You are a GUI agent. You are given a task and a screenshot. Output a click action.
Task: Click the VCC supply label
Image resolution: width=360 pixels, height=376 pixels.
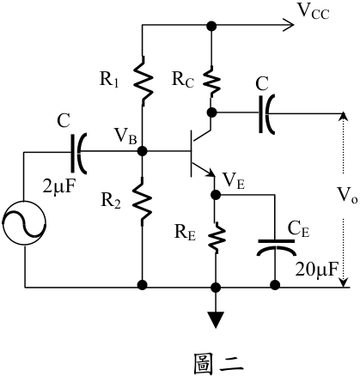(314, 12)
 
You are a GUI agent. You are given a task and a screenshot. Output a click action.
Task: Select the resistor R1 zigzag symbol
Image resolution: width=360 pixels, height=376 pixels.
(143, 81)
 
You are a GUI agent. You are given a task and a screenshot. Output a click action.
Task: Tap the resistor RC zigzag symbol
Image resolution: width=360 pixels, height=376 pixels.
(211, 82)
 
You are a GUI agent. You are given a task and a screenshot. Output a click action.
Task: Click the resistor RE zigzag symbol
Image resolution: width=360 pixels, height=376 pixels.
(217, 237)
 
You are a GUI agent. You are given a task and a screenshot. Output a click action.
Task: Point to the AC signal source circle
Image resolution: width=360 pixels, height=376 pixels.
(24, 222)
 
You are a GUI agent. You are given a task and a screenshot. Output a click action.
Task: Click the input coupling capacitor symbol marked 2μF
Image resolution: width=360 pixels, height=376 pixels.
(78, 153)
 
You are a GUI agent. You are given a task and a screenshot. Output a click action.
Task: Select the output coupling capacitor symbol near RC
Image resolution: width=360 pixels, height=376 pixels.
(267, 114)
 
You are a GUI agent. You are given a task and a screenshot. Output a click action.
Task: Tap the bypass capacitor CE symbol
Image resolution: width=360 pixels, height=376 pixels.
(276, 247)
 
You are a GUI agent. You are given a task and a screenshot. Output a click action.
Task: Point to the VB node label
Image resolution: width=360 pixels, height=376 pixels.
(125, 136)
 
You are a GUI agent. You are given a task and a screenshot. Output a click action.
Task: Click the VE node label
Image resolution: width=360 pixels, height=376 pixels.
(234, 181)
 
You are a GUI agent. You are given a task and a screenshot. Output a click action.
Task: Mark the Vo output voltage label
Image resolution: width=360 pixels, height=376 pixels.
(347, 196)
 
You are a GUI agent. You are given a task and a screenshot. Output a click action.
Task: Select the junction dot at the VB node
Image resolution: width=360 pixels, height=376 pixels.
(142, 150)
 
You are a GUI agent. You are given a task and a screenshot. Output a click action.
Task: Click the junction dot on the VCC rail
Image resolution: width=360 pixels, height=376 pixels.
(211, 26)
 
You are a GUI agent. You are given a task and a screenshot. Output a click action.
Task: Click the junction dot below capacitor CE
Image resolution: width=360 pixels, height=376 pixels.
(275, 285)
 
